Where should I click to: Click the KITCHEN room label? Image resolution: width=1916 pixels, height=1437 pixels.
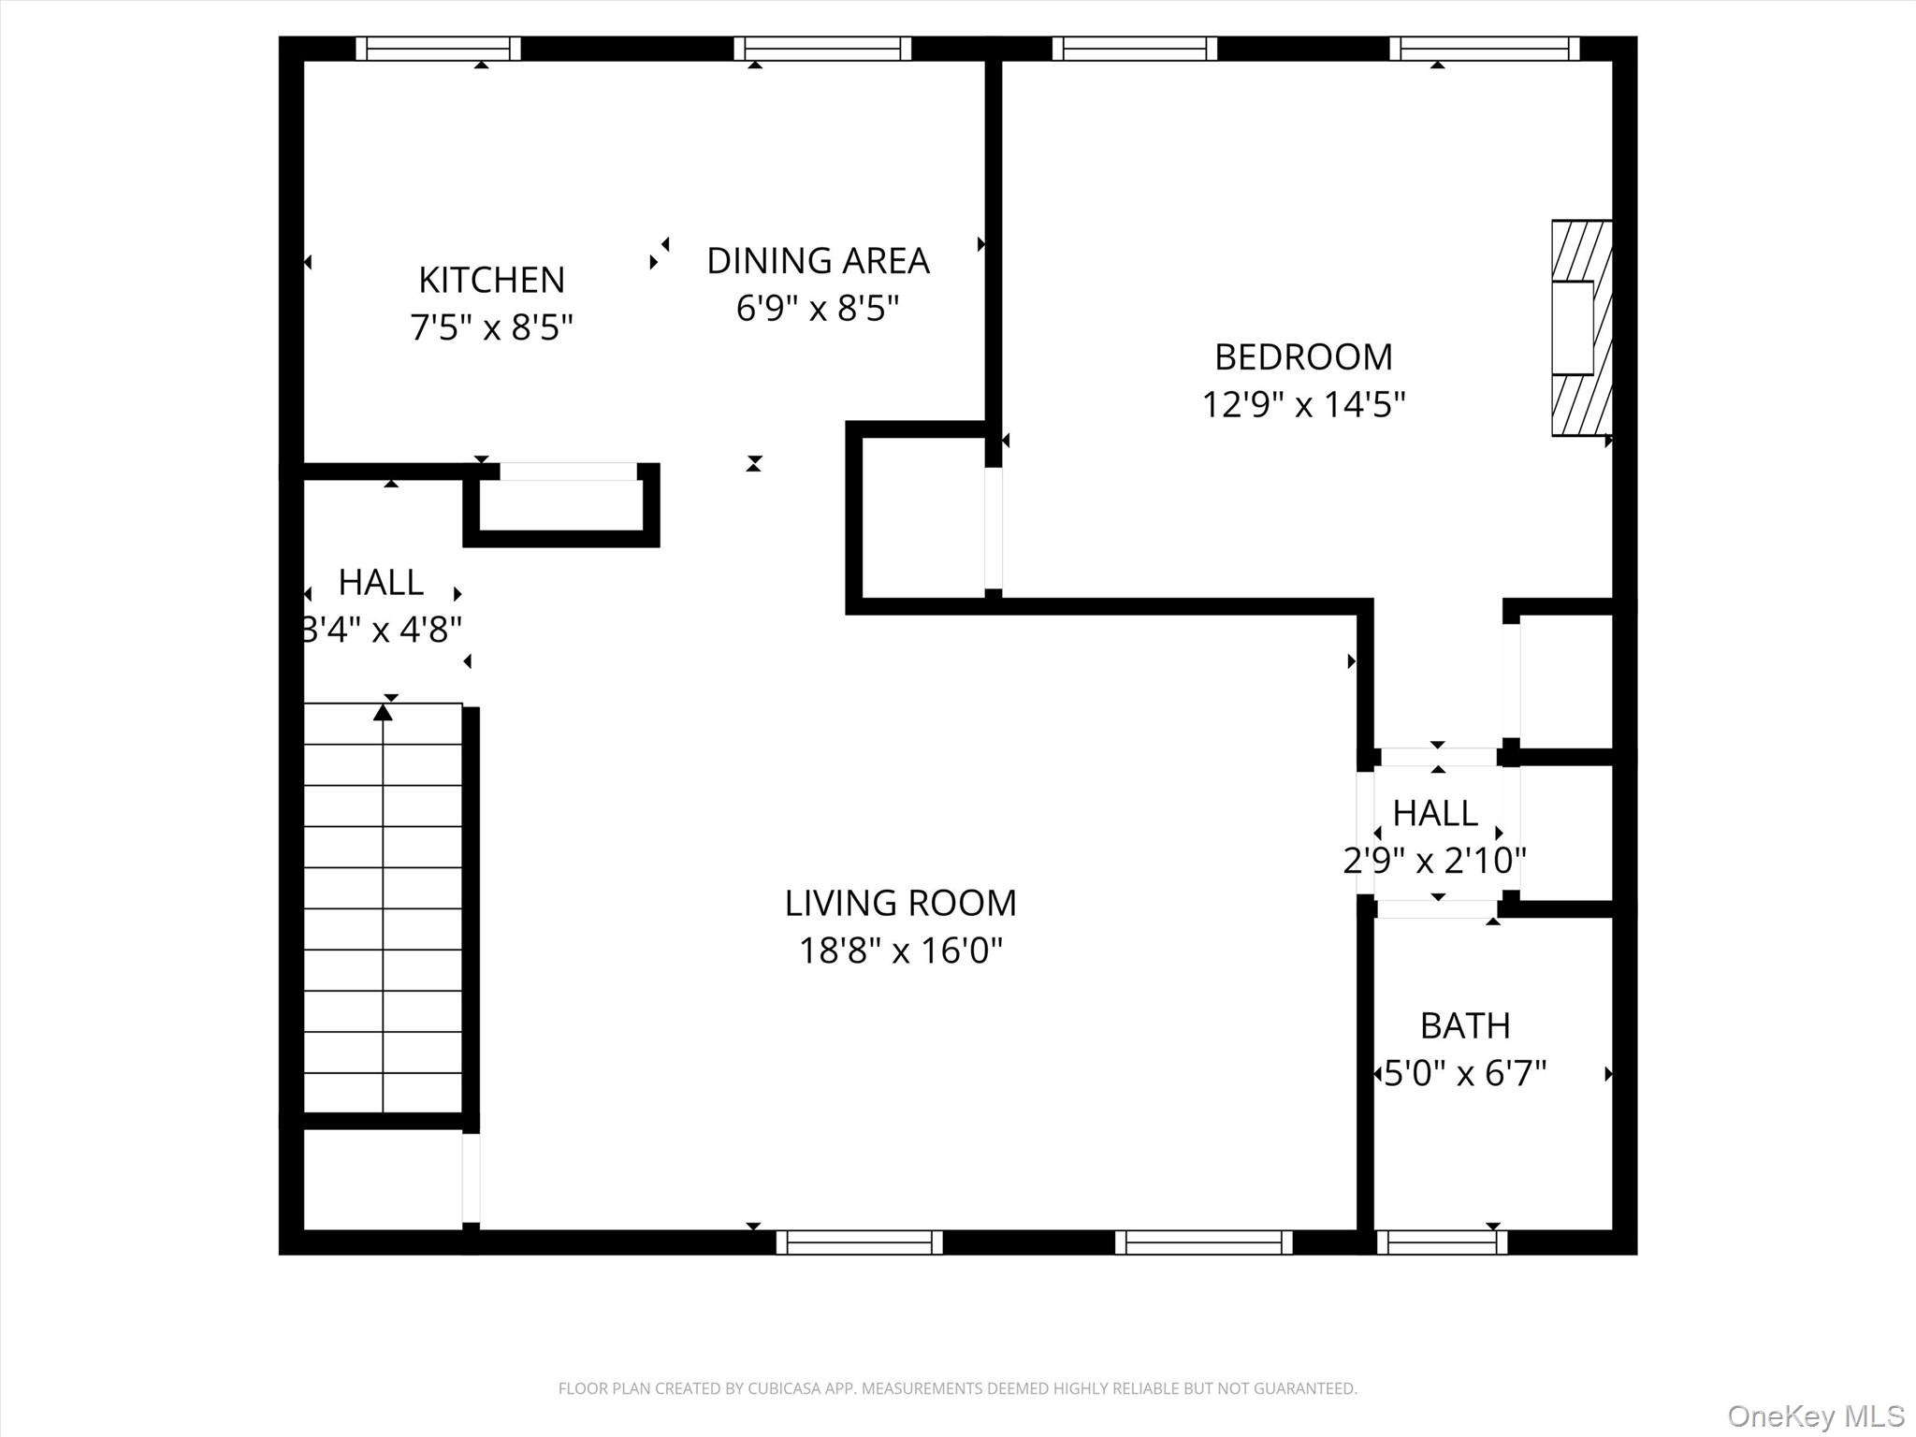491,280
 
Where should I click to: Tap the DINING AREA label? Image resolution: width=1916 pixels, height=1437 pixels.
818,261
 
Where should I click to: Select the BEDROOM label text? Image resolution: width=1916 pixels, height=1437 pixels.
1303,357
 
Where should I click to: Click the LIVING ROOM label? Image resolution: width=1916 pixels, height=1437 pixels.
900,904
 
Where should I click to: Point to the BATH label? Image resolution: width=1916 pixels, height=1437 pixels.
1465,1026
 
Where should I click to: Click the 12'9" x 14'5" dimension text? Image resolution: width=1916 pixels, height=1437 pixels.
1303,405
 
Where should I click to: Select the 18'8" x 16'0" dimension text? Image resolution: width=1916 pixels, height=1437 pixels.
900,951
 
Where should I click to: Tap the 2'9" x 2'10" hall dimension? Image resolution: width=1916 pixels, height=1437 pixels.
1434,860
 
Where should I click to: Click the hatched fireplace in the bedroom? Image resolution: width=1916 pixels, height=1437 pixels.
1582,327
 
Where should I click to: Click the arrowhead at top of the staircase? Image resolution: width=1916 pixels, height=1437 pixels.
383,713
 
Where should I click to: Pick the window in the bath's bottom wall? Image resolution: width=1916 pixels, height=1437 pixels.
1442,1242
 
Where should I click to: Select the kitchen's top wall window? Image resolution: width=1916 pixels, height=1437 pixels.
438,49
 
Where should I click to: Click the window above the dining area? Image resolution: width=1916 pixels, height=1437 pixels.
822,49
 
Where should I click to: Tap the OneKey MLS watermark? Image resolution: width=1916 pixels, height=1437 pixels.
1815,1415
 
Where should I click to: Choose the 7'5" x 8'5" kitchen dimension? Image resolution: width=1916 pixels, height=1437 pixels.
491,327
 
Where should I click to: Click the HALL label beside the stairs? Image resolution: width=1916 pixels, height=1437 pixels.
381,583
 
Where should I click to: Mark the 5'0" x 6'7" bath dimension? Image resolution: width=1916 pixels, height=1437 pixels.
1465,1073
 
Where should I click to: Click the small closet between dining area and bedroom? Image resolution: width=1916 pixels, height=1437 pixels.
922,517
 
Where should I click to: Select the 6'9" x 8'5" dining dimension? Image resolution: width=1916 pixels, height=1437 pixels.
818,308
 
